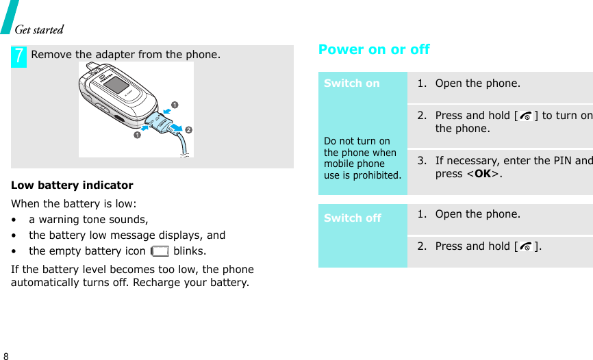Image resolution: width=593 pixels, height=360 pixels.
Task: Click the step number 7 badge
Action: [20, 56]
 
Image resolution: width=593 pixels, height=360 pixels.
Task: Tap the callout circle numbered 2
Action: [188, 130]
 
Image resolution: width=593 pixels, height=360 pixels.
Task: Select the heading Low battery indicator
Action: [73, 185]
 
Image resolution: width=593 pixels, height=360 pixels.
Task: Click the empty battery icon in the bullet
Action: [160, 251]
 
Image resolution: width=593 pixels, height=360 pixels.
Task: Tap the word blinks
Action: [189, 251]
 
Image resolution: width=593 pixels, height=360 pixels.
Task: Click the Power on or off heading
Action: [374, 50]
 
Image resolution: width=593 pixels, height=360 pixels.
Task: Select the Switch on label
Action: [351, 83]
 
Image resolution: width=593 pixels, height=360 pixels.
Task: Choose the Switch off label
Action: [352, 218]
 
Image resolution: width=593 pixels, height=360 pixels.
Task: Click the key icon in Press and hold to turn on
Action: [525, 116]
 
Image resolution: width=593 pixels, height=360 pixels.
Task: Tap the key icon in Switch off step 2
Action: [525, 247]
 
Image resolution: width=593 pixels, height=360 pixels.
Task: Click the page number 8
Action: [6, 357]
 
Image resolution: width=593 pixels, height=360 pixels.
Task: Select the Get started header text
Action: [39, 29]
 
